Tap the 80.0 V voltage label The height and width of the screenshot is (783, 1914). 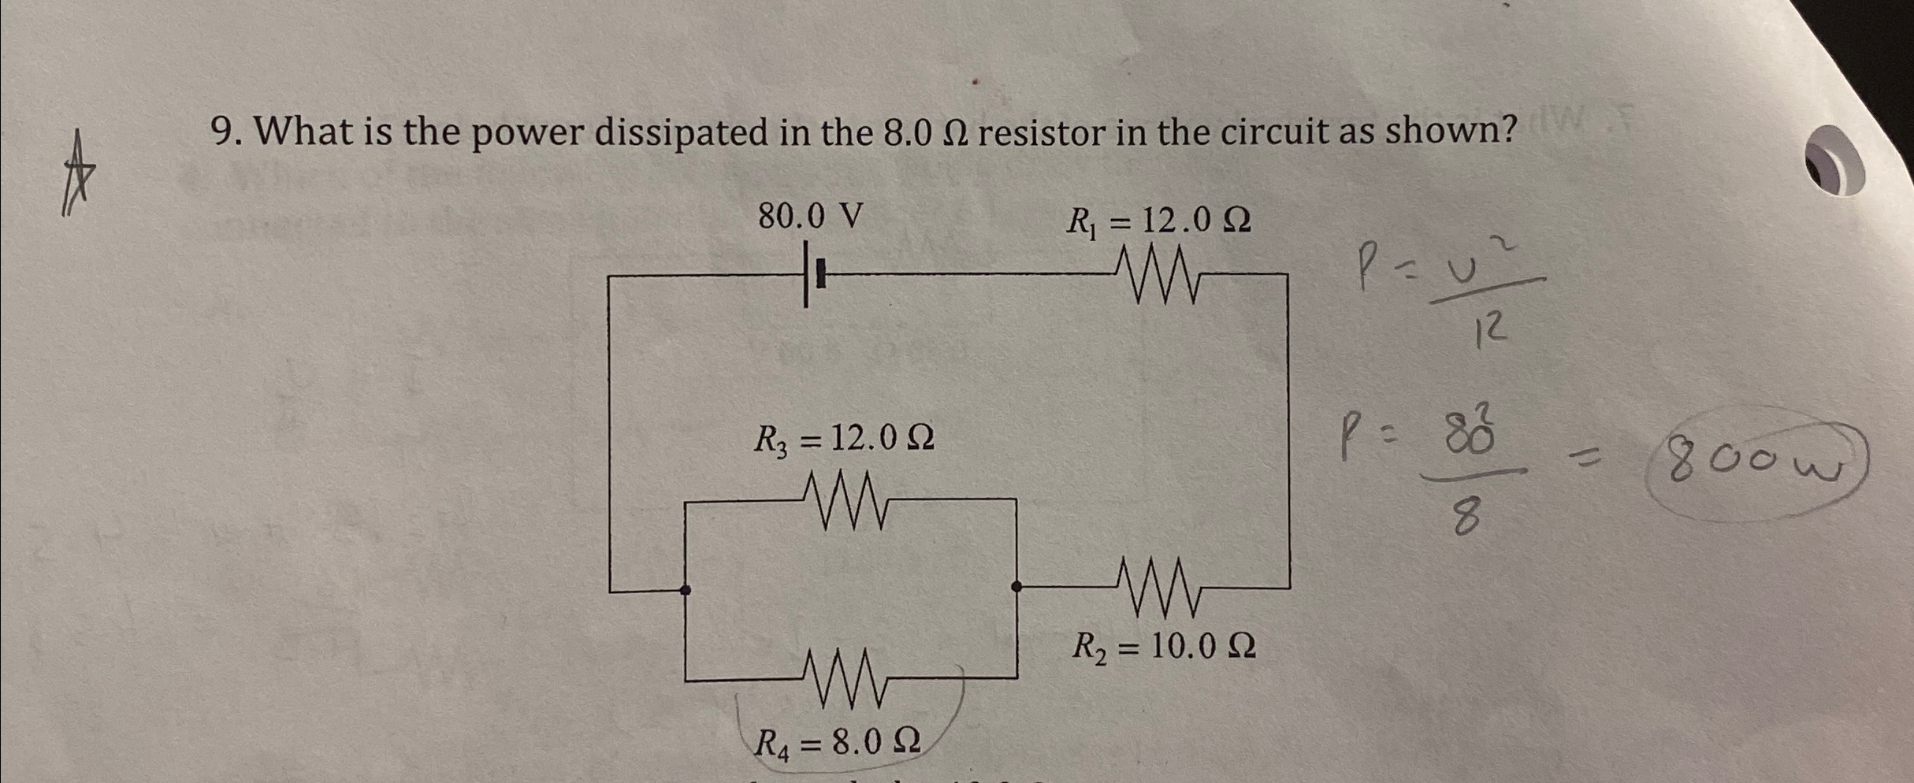(810, 216)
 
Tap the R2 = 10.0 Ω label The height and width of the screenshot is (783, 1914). (1163, 647)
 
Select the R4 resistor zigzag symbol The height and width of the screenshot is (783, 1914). (843, 677)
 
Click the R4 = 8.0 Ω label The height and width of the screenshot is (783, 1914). (837, 742)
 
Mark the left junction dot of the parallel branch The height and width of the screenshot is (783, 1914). (686, 589)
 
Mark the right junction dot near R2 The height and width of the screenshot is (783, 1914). (1016, 586)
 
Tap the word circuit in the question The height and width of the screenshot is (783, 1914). (1269, 132)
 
